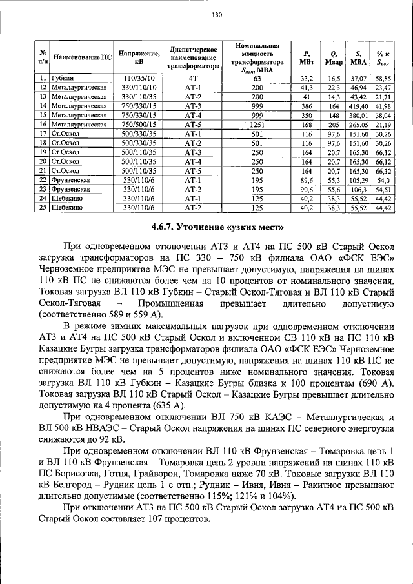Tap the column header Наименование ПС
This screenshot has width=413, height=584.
[83, 57]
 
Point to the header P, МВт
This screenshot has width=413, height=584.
[307, 57]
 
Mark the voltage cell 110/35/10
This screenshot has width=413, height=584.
[139, 77]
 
